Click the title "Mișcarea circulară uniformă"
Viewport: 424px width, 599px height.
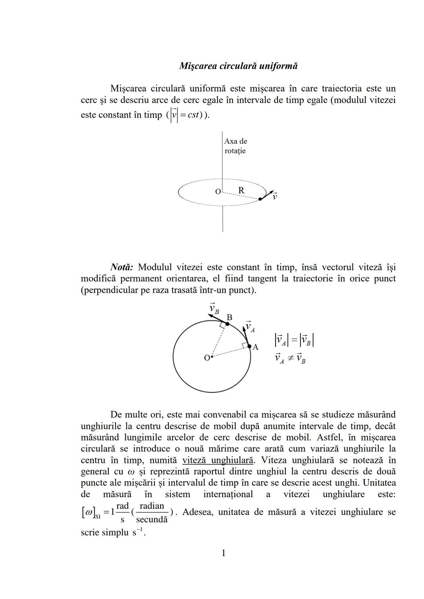click(238, 66)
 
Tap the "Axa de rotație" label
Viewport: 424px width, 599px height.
click(236, 146)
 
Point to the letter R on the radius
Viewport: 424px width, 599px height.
click(241, 190)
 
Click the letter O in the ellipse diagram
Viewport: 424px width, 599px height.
click(218, 192)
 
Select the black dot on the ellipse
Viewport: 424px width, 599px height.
click(260, 199)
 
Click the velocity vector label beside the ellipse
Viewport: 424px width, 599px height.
click(275, 196)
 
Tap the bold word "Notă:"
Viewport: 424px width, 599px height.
click(122, 267)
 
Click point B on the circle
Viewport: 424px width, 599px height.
click(227, 323)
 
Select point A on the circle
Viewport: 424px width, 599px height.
click(249, 346)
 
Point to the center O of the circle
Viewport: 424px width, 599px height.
click(211, 357)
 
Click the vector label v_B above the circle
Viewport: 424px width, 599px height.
click(214, 308)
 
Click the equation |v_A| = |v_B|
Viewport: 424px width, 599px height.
click(294, 340)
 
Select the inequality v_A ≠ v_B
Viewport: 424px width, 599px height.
click(290, 358)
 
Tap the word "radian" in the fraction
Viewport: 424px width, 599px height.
click(152, 506)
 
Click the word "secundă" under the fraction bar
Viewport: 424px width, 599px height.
click(152, 520)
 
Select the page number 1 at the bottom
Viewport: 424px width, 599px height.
click(223, 553)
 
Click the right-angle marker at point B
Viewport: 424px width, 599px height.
click(223, 325)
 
